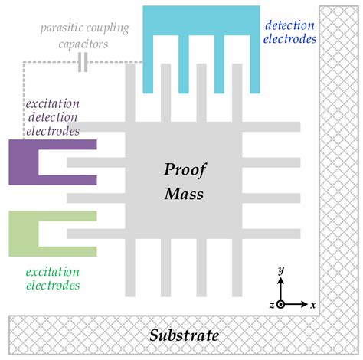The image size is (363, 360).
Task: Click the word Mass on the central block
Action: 184,194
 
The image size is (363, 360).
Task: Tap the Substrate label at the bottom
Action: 184,335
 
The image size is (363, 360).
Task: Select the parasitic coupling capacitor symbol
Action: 83,63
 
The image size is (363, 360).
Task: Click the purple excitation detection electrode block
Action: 23,162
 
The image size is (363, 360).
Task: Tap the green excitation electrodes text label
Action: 52,278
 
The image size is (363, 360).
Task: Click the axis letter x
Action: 313,304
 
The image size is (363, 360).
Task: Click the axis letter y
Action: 282,270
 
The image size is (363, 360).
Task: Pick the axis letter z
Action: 270,304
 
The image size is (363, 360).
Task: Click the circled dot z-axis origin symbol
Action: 281,304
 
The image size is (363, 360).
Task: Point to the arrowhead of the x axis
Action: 304,304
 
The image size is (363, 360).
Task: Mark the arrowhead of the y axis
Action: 281,280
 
